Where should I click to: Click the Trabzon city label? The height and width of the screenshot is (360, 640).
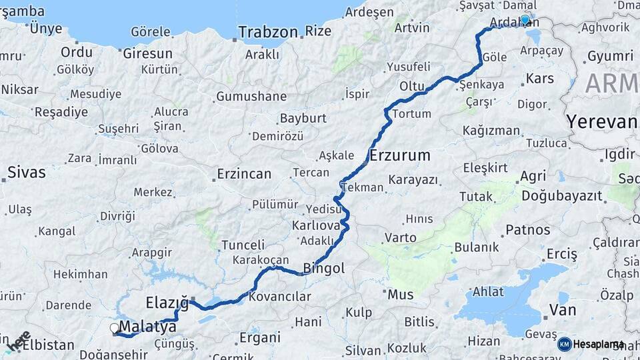[267, 32]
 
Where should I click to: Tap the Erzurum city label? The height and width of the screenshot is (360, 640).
[399, 156]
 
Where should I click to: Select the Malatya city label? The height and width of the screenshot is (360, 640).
[148, 327]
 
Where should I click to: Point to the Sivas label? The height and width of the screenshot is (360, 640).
[27, 173]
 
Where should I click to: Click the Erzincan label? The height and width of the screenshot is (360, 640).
[244, 174]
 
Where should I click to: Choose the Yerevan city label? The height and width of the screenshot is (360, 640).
[602, 121]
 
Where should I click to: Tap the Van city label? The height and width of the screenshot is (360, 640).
[562, 309]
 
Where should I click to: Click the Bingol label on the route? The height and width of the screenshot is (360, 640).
[324, 269]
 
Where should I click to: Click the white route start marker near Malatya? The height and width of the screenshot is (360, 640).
[115, 328]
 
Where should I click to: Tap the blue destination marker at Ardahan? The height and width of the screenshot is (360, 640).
[525, 20]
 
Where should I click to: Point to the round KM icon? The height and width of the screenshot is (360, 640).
[565, 344]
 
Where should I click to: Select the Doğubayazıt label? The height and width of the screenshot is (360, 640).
[562, 196]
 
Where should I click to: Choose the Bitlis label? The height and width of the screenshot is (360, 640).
[419, 322]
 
